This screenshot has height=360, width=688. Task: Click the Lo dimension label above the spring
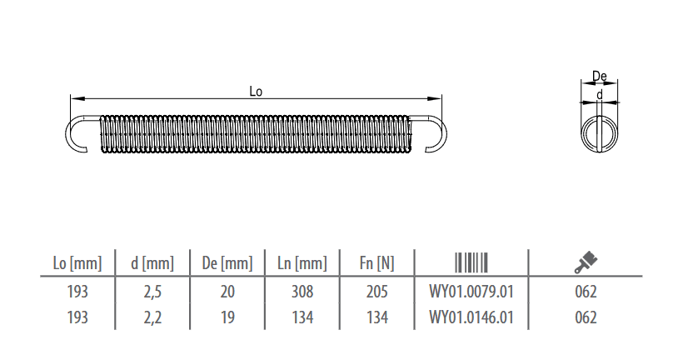[x=256, y=92]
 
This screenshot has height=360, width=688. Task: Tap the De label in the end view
[x=600, y=77]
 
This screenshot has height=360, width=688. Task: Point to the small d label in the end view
[x=600, y=94]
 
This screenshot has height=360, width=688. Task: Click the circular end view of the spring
[x=582, y=134]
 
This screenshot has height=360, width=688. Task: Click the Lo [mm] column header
[x=77, y=263]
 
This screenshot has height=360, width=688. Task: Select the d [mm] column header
[x=152, y=263]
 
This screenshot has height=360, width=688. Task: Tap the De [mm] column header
[x=227, y=263]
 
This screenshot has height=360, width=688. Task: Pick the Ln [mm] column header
[x=302, y=263]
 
